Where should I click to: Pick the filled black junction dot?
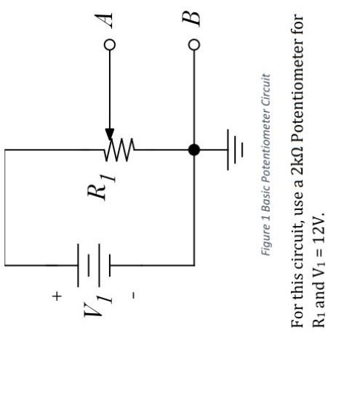[193, 150]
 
